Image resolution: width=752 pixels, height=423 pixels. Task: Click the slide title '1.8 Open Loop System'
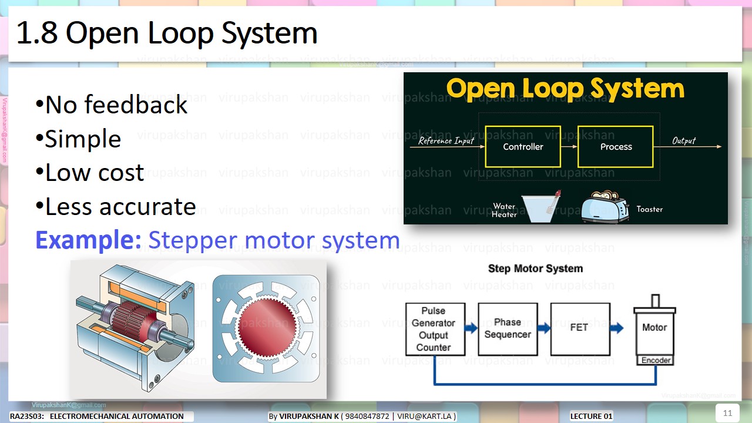point(167,33)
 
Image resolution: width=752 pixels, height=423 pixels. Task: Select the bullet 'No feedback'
point(112,105)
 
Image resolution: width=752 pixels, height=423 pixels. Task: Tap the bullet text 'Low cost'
point(90,173)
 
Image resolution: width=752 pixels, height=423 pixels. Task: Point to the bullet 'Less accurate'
point(116,207)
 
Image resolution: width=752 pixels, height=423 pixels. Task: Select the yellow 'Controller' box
point(523,147)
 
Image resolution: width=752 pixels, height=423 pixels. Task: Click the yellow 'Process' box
point(616,147)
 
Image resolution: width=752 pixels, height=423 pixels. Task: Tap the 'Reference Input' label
point(446,141)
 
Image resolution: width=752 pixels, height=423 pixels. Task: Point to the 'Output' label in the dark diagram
point(684,141)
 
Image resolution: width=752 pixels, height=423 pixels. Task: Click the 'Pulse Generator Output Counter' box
point(435,329)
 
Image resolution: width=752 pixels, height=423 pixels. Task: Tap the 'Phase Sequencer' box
point(508,329)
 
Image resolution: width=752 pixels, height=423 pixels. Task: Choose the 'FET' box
point(580,328)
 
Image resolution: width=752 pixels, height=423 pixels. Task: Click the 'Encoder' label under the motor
point(656,360)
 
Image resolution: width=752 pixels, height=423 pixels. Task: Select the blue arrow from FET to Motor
point(616,328)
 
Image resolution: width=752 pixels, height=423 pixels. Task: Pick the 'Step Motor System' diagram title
point(535,268)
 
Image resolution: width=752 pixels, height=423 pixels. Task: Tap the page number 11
point(727,413)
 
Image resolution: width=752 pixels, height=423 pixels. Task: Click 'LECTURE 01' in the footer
point(591,417)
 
